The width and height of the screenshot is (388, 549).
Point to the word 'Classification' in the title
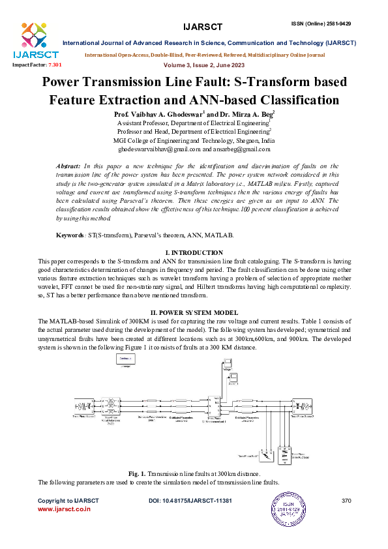click(291, 100)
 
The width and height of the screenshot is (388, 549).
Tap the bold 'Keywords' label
click(70, 233)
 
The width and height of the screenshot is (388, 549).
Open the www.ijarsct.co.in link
click(64, 510)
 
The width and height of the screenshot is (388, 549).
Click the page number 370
click(346, 500)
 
